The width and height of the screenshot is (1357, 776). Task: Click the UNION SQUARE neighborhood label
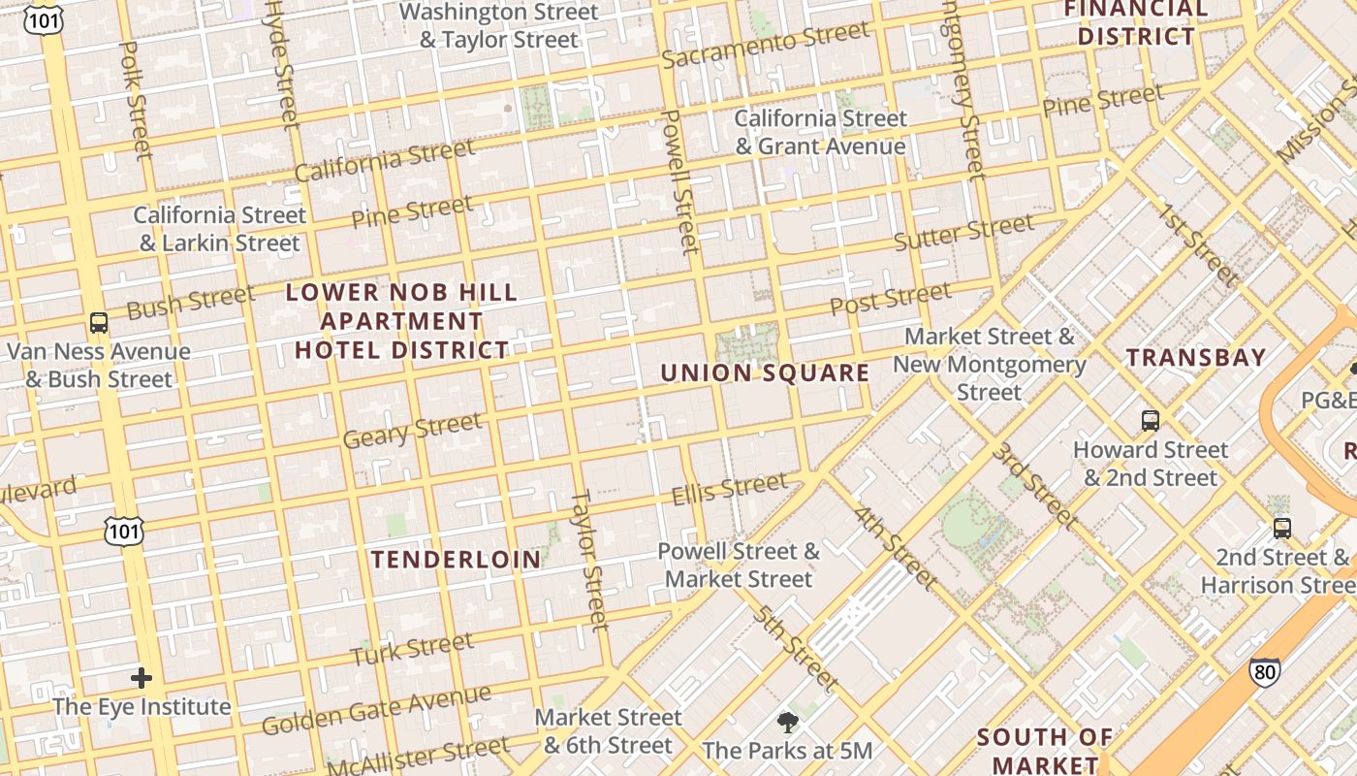[x=765, y=373]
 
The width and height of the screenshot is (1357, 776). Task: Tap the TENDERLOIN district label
[x=457, y=560]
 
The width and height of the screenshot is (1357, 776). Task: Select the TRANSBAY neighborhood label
[x=1196, y=358]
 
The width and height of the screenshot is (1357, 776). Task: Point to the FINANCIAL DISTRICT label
[x=1136, y=23]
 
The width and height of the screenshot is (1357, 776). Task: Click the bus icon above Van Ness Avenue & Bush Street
[x=98, y=323]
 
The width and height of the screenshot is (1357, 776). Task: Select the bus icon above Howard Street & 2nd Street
[x=1151, y=421]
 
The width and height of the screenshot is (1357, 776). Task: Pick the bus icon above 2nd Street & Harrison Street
[x=1282, y=529]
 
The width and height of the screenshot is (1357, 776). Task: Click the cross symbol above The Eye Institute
[x=142, y=677]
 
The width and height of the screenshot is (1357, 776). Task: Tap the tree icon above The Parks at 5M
[x=787, y=722]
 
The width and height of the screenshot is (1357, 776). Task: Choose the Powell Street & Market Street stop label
[x=739, y=566]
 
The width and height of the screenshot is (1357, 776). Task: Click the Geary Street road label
[x=412, y=430]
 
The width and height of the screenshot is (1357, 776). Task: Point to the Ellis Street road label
[x=730, y=489]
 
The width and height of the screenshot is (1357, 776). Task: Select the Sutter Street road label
[x=963, y=234]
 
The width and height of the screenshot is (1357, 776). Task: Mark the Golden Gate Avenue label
[x=376, y=711]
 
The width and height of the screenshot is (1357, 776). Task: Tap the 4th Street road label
[x=895, y=547]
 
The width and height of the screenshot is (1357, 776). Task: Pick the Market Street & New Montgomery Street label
[x=990, y=365]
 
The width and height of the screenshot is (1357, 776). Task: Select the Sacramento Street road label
[x=765, y=46]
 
